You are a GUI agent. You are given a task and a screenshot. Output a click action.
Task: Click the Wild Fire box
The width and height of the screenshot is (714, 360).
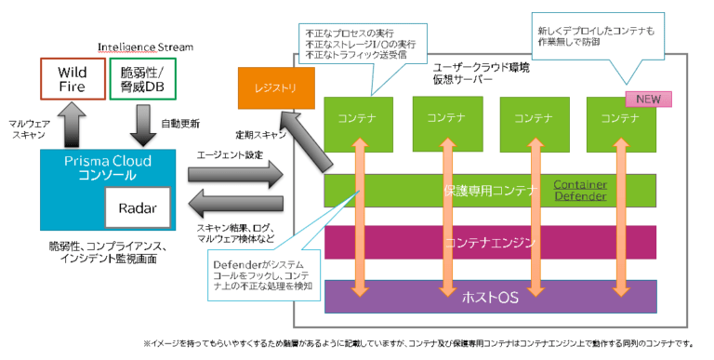pyautogui.click(x=72, y=79)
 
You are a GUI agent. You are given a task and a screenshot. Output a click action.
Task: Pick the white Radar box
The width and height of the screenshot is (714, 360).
pyautogui.click(x=136, y=210)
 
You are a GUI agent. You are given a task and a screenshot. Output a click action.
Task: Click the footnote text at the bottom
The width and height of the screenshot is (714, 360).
pyautogui.click(x=422, y=342)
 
